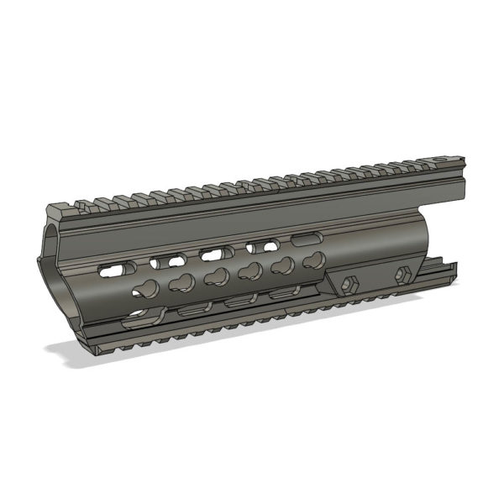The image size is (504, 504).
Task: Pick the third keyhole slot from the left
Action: point(215,277)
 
